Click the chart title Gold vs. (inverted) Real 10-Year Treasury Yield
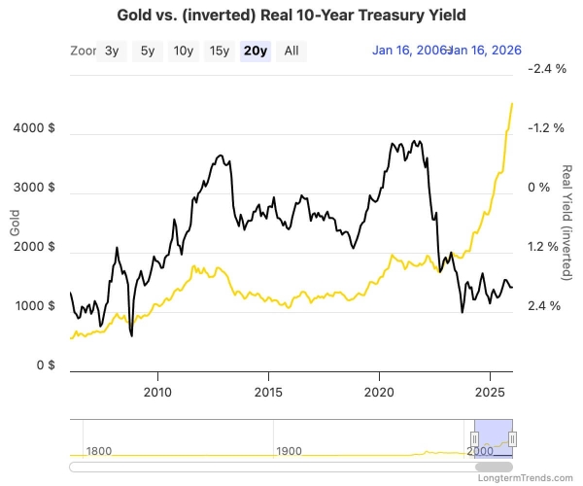(x=291, y=16)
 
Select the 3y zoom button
(x=112, y=52)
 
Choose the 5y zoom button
(x=147, y=52)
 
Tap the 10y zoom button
(x=183, y=52)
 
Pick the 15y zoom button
(x=220, y=52)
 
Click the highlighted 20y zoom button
(x=256, y=52)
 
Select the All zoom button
(x=291, y=52)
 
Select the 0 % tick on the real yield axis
(x=537, y=188)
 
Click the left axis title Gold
(x=15, y=223)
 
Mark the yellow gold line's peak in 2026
(x=512, y=103)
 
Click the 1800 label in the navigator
(x=102, y=451)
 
